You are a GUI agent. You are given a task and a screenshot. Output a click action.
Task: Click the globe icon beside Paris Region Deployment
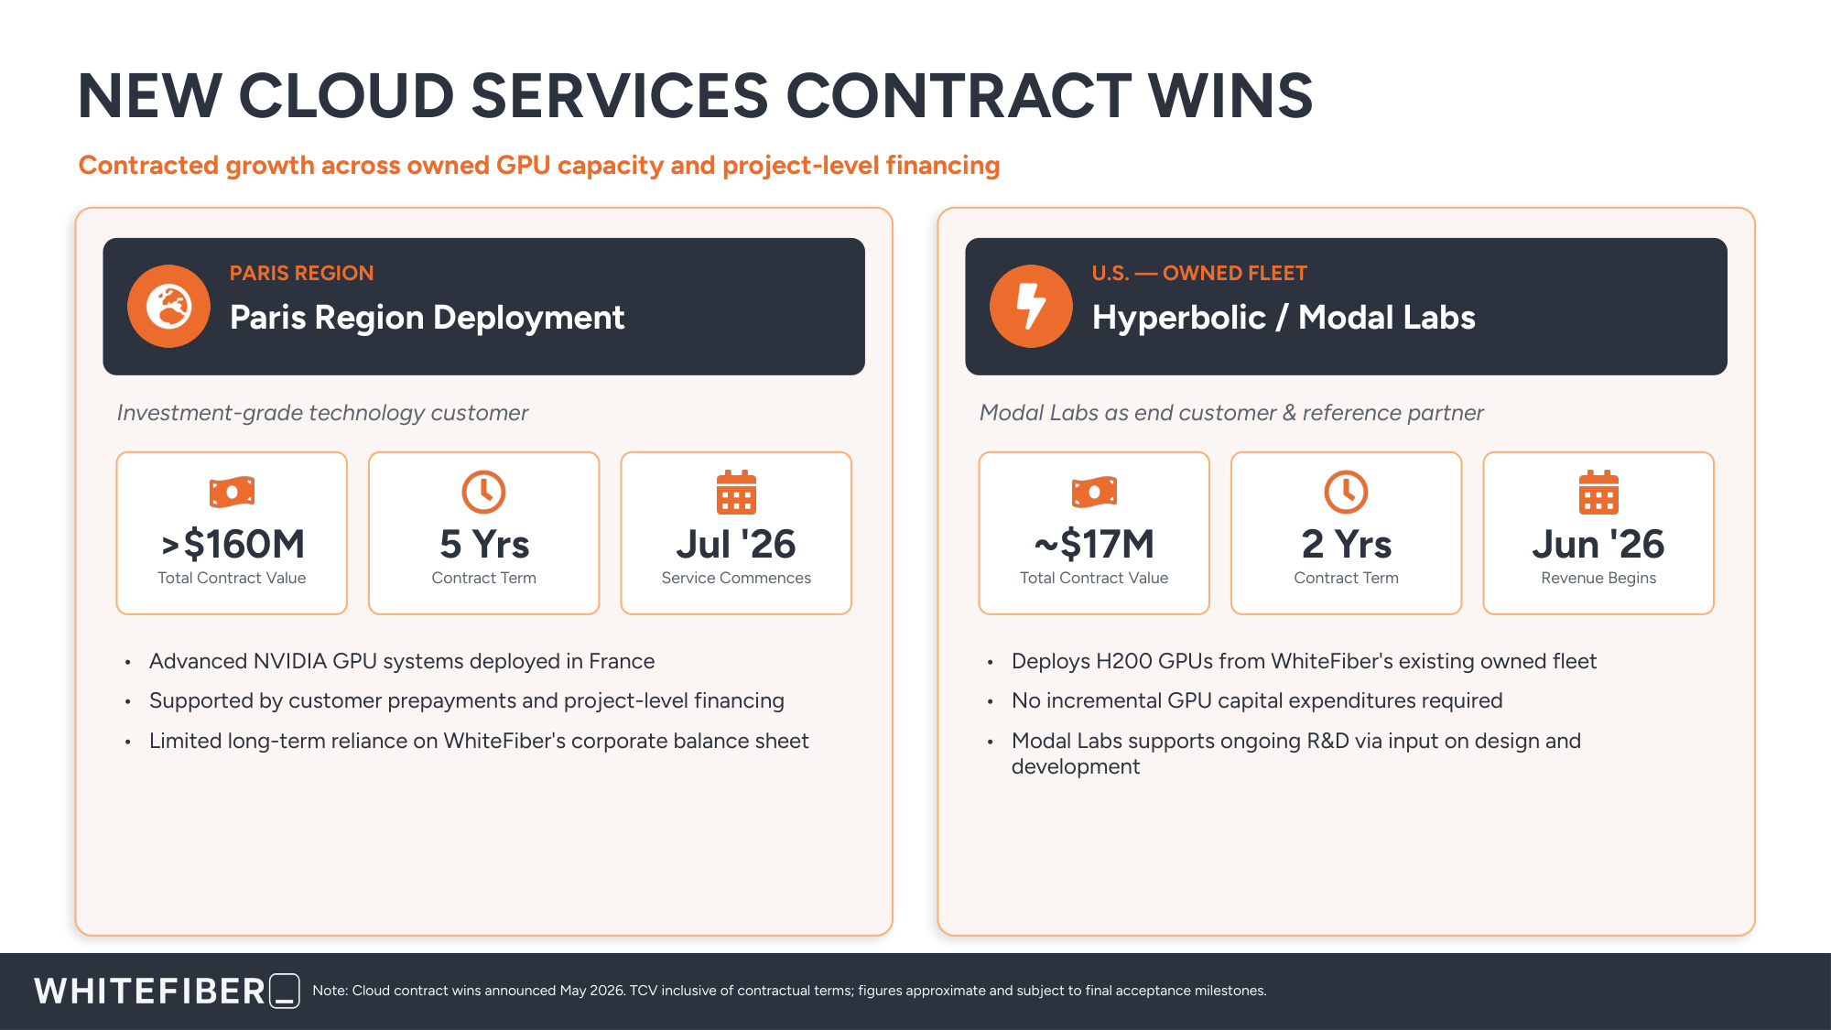[x=169, y=306]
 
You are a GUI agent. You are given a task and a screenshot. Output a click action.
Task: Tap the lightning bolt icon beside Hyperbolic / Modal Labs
[x=1031, y=306]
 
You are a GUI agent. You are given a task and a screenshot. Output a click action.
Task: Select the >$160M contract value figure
[x=233, y=544]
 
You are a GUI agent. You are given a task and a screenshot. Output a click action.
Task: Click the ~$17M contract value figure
[x=1094, y=544]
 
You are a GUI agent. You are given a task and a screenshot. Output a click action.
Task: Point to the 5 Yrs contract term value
[x=484, y=544]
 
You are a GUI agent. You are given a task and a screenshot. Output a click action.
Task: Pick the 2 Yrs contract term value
[x=1347, y=544]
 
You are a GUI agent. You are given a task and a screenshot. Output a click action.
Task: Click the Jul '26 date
[x=736, y=544]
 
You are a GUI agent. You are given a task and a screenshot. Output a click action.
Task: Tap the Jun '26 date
[x=1598, y=544]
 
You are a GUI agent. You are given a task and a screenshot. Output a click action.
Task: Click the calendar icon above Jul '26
[x=736, y=492]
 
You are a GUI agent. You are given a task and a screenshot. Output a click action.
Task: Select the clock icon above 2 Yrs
[x=1347, y=492]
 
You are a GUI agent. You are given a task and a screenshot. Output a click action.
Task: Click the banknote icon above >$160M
[x=233, y=492]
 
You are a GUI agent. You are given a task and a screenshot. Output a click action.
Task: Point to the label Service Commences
[x=736, y=578]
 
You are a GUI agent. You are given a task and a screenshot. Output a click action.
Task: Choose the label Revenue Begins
[x=1598, y=578]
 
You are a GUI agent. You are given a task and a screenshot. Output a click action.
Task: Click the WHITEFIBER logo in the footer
[x=167, y=991]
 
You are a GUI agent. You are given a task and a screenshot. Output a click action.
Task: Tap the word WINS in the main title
[x=1230, y=95]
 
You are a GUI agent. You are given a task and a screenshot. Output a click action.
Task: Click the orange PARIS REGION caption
[x=301, y=273]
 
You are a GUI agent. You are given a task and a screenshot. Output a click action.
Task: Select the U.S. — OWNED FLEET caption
[x=1199, y=273]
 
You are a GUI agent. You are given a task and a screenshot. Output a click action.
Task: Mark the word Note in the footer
[x=329, y=991]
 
